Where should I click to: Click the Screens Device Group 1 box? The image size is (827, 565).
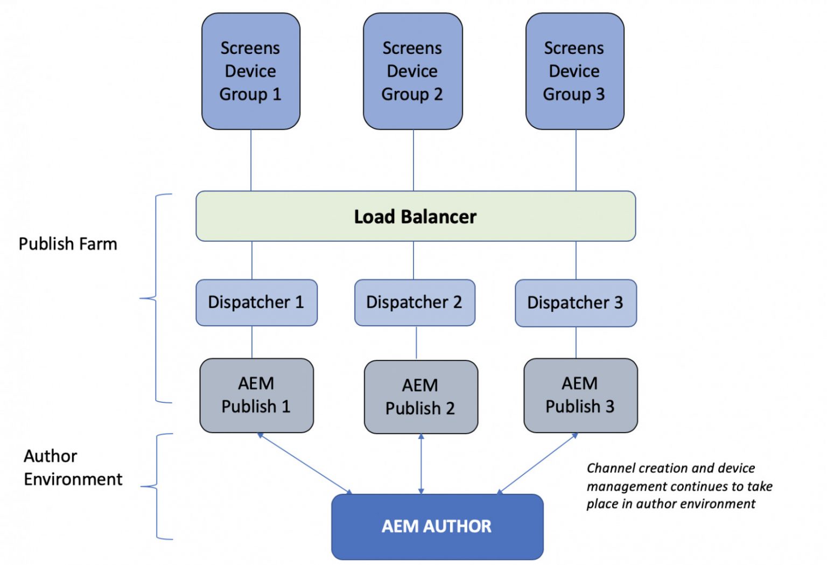point(250,71)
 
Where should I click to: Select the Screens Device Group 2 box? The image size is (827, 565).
point(412,71)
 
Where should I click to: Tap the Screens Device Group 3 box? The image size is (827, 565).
point(574,71)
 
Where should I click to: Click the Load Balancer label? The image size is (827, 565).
point(415,217)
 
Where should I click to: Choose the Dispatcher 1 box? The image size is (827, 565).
point(256,302)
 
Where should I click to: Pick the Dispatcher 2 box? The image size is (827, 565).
point(414,302)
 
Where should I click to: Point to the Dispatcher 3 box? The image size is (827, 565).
point(576,303)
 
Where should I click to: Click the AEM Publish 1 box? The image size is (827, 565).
point(256,395)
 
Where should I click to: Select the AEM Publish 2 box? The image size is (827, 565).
point(420,397)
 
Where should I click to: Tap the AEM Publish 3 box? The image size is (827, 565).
point(580,395)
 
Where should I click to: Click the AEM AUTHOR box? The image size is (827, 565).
point(437,526)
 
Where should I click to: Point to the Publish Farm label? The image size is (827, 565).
point(68,244)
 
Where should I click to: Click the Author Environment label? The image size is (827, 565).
point(73,468)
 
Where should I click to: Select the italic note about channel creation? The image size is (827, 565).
point(679,486)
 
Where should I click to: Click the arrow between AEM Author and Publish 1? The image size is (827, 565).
point(305,463)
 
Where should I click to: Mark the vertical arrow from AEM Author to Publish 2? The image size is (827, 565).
point(421,464)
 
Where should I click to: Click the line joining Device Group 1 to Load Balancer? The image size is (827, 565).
point(251,160)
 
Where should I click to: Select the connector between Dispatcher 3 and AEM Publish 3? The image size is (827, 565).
point(576,343)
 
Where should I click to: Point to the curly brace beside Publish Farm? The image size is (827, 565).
point(157,298)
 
